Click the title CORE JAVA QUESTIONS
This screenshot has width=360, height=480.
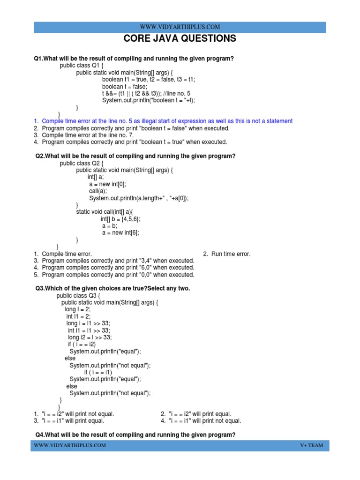click(x=180, y=39)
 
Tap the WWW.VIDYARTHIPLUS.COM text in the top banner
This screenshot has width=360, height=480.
click(x=180, y=27)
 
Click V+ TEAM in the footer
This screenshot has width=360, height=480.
click(x=312, y=445)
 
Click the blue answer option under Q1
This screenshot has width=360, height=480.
click(x=167, y=121)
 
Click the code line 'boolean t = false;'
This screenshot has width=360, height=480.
click(x=125, y=87)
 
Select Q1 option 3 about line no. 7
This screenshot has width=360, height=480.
click(x=88, y=135)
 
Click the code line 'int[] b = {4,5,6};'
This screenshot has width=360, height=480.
click(x=120, y=219)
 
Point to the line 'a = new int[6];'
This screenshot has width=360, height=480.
click(x=120, y=233)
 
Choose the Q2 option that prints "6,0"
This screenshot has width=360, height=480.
click(x=118, y=268)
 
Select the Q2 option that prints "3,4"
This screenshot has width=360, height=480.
click(x=118, y=261)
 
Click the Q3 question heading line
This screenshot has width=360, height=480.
click(x=113, y=288)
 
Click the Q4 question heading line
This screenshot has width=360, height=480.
click(x=135, y=435)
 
